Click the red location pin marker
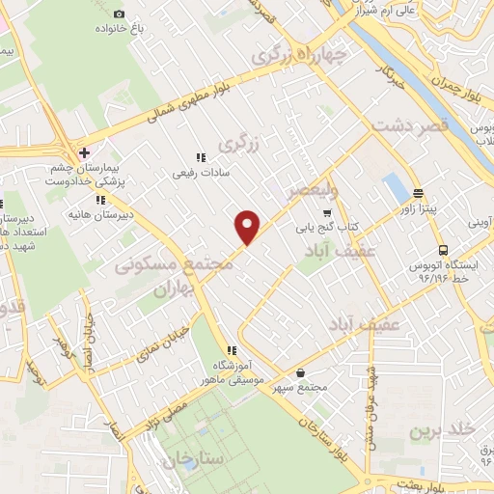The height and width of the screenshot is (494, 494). [248, 227]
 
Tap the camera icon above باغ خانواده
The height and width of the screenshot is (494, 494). [119, 14]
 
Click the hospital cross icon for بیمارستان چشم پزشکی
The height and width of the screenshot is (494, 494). [85, 152]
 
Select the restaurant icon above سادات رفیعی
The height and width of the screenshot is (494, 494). [201, 157]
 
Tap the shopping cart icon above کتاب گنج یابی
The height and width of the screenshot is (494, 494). [327, 212]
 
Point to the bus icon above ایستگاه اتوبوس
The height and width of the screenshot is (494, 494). [442, 248]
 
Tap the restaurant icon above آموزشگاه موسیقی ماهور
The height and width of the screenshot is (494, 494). [231, 350]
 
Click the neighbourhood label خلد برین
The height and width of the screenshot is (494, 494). [435, 427]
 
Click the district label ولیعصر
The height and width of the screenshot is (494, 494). [312, 190]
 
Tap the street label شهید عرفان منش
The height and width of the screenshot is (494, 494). [369, 405]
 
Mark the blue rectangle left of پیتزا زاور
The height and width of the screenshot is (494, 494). [395, 188]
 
